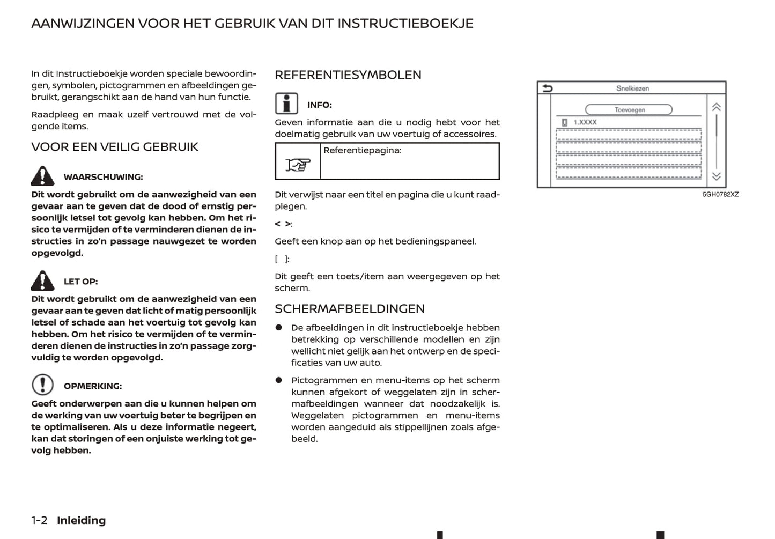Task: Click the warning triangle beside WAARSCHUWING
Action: (42, 176)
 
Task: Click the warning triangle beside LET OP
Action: (42, 280)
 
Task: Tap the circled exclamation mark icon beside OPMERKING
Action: (42, 385)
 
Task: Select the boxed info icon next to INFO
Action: (286, 103)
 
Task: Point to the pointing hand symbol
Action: (298, 164)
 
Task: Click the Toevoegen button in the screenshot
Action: (629, 110)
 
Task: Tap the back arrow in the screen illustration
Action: (547, 88)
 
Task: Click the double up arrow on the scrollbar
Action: (716, 107)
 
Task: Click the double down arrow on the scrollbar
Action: (716, 176)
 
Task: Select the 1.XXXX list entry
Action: (585, 122)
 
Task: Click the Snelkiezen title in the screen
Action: (632, 88)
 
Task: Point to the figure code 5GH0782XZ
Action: (720, 195)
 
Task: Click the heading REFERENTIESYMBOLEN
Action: (348, 75)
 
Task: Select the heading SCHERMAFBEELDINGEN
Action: (350, 309)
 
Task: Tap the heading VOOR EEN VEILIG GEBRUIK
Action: (115, 147)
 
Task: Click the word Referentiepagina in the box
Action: (362, 151)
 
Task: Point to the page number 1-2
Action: (39, 520)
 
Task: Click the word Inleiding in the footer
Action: (82, 520)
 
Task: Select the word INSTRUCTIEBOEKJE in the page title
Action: (405, 24)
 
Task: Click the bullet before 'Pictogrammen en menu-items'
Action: (279, 380)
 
